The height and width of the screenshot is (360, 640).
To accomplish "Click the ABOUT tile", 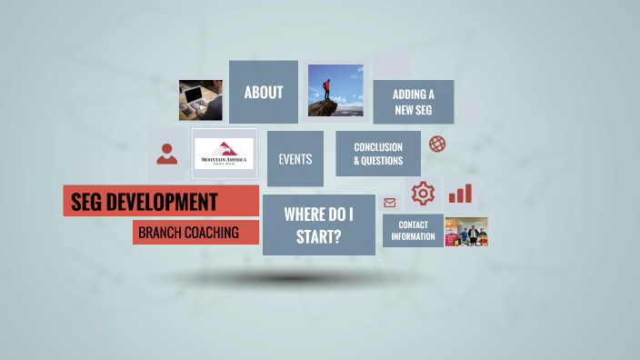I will [263, 92].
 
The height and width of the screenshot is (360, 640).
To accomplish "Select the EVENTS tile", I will [295, 159].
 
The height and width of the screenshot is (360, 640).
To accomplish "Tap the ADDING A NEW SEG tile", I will [414, 103].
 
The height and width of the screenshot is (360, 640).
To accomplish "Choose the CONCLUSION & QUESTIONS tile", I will [378, 154].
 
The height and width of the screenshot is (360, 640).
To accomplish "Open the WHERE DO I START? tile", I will [318, 225].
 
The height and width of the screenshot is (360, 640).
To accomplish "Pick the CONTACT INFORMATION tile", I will [413, 230].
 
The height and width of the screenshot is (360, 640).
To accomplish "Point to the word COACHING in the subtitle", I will [212, 233].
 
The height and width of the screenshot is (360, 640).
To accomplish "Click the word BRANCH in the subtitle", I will [159, 233].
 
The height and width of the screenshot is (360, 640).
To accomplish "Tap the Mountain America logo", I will [224, 154].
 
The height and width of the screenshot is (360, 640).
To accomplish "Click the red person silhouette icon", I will [166, 153].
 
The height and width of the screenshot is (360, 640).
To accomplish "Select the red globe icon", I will [437, 144].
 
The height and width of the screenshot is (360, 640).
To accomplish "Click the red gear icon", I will [423, 193].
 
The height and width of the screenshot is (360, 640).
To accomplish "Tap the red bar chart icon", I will [460, 193].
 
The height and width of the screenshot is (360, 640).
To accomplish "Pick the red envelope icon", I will [390, 203].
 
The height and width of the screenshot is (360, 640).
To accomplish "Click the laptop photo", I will [200, 100].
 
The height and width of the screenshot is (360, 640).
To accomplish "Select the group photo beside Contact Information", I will [466, 232].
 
